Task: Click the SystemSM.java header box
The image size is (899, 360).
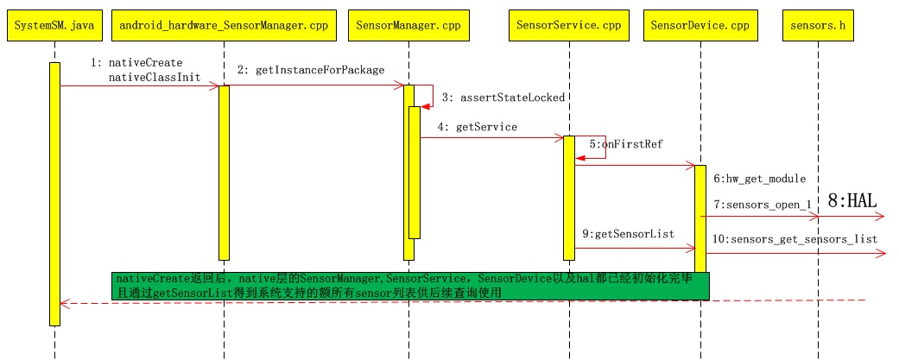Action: point(54,26)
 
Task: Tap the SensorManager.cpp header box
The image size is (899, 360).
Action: point(408,26)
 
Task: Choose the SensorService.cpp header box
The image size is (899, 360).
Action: point(569,26)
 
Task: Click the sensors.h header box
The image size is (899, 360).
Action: point(818,26)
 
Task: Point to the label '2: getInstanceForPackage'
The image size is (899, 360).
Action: point(310,70)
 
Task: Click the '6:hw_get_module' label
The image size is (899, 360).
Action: point(759,179)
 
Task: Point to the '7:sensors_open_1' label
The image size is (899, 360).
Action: point(762,205)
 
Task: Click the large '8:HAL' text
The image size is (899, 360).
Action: point(852,201)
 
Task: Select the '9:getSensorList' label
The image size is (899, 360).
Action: point(627,233)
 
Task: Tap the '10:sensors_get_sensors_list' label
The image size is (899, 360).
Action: point(795,238)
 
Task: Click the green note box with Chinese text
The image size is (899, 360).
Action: point(410,286)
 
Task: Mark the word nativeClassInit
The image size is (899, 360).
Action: point(155,78)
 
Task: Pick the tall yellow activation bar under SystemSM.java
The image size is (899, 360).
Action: point(54,193)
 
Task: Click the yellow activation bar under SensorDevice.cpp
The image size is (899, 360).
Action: point(700,216)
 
